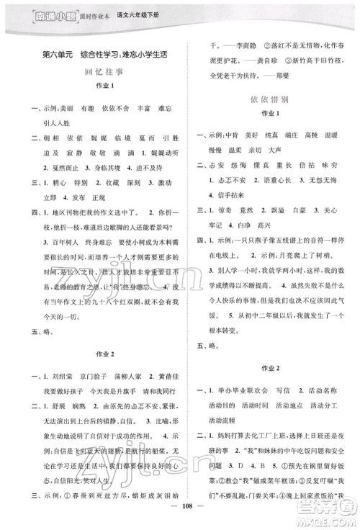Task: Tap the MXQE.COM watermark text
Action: click(x=328, y=520)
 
